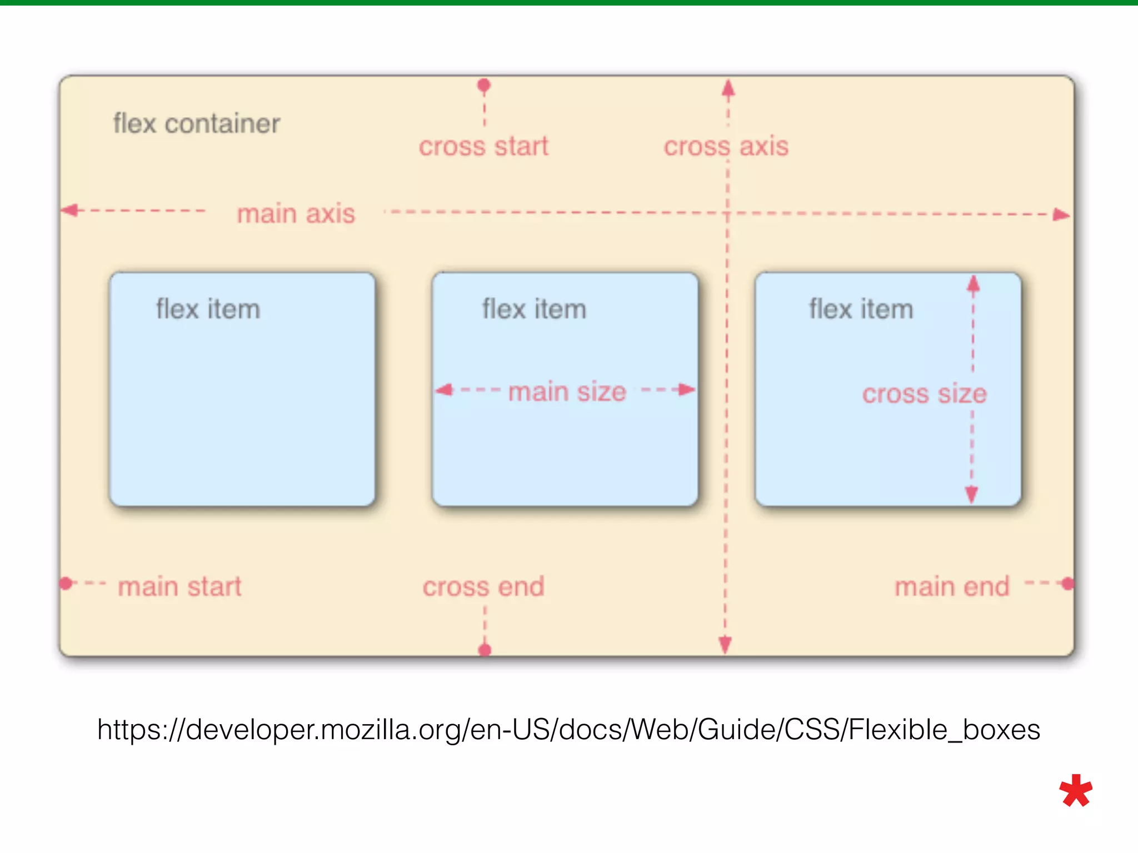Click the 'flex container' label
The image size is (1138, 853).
coord(197,123)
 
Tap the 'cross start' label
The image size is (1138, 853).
coord(483,147)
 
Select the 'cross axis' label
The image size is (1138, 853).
coord(726,147)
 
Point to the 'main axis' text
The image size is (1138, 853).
coord(296,214)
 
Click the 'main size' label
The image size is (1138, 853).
coord(567,392)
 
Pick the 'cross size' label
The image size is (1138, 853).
coord(924,394)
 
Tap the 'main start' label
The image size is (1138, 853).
coord(179,587)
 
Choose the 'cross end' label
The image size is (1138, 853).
coord(483,587)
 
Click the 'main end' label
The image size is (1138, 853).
coord(952,587)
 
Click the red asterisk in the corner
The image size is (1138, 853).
coord(1076,791)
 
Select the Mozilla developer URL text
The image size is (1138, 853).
coord(568,729)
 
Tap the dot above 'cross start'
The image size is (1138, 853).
coord(484,85)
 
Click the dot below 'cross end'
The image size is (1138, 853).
coord(485,650)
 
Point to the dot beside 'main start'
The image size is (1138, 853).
coord(66,583)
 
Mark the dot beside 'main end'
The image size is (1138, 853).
coord(1067,584)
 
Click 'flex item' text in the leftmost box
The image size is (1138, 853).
coord(208,309)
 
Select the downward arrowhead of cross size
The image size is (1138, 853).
coord(971,494)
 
